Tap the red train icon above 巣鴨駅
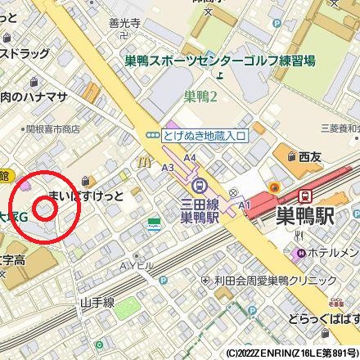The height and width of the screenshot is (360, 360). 304,196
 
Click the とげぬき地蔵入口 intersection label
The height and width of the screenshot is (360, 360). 203,136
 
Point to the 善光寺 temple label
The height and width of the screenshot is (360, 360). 125,25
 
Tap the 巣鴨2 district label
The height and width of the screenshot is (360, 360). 200,97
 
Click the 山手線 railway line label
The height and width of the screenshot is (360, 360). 97,302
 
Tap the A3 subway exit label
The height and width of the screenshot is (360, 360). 168,167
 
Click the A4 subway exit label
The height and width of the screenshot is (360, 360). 190,156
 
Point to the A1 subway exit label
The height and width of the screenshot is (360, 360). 244,203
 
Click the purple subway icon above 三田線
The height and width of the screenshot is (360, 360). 200,185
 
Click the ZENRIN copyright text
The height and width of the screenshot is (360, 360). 291,353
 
